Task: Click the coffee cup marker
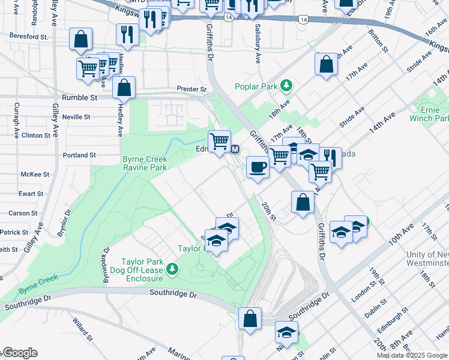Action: click(258, 167)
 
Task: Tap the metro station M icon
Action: click(235, 149)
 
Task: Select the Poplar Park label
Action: click(256, 86)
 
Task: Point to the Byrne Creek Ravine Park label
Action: click(144, 163)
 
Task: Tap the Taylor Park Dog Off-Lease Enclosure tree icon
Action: click(173, 268)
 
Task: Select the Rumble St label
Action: click(79, 97)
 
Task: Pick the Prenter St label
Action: click(191, 89)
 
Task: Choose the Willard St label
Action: click(81, 327)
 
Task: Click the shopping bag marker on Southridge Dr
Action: click(250, 318)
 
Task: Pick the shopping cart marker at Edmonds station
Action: click(220, 142)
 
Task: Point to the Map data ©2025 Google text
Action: click(412, 355)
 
